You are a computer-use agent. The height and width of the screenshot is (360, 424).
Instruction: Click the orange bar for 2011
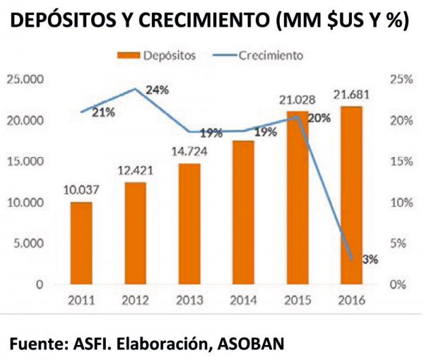tap(82, 243)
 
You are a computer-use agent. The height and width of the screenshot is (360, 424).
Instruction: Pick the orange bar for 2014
tap(242, 212)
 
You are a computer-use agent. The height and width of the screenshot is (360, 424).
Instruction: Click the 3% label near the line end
tap(369, 259)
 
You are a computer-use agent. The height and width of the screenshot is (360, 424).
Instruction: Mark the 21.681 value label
tap(351, 93)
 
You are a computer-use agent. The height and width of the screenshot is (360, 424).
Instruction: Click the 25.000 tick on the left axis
tap(24, 79)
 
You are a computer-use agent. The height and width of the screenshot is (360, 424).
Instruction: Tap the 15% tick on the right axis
tap(399, 161)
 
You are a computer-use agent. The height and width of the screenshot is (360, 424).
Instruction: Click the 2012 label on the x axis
tap(136, 300)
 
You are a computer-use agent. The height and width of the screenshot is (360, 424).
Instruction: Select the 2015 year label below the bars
tap(296, 300)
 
